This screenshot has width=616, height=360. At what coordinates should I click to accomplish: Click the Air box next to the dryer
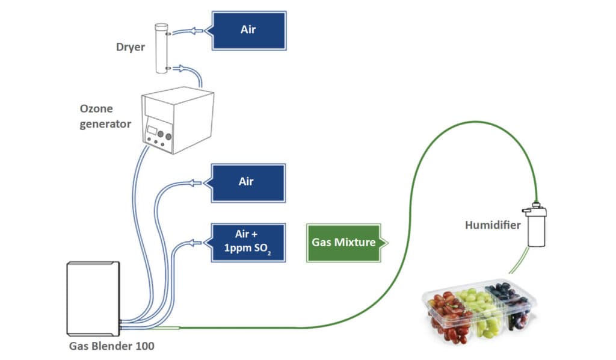click(247, 29)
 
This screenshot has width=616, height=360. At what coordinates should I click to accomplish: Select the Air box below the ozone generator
click(246, 181)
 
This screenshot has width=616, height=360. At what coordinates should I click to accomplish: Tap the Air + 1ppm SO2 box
click(246, 242)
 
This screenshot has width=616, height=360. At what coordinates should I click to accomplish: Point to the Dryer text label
click(131, 47)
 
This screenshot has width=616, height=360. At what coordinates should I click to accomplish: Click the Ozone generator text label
click(105, 116)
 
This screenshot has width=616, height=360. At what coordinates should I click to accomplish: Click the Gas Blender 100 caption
click(112, 346)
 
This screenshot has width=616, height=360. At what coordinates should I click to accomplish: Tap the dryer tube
click(161, 48)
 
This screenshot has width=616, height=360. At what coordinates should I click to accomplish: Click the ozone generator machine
click(177, 120)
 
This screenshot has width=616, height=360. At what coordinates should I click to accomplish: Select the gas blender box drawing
click(93, 298)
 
